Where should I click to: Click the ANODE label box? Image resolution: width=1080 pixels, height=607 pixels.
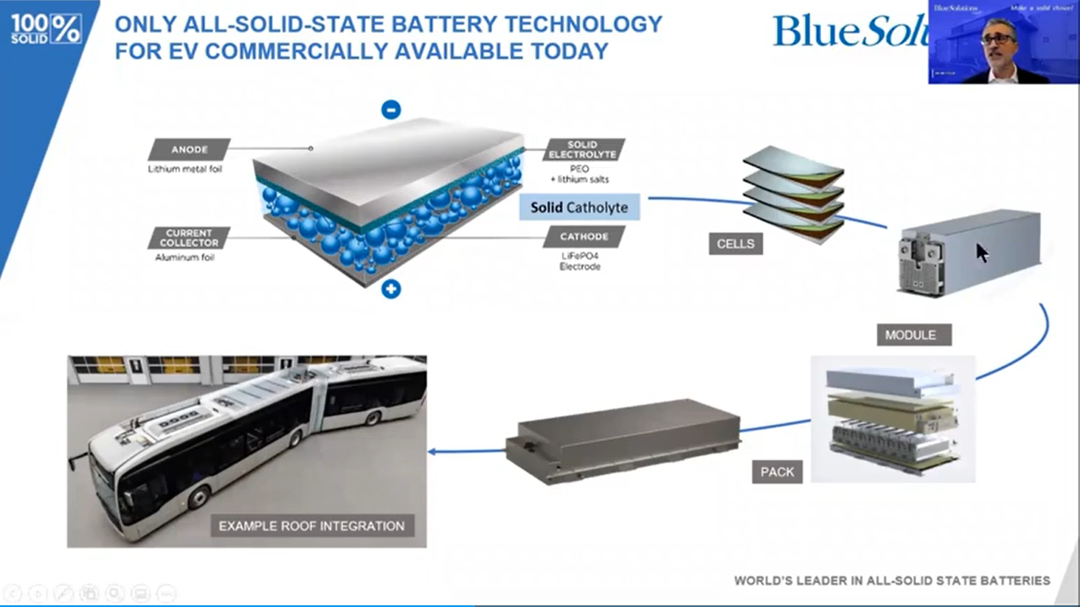pos(190,150)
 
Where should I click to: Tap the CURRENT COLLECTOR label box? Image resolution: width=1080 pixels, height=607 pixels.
pos(189,238)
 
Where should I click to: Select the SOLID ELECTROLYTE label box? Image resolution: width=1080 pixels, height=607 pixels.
pos(583,150)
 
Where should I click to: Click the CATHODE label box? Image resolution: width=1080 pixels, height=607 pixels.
pos(584,237)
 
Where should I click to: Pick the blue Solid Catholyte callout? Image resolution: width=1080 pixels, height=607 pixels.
pos(579,208)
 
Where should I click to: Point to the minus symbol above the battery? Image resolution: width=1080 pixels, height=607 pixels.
pos(391,109)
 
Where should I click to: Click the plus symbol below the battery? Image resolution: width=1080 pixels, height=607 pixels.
pos(391,289)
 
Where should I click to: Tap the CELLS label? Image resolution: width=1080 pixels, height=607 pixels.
pos(735,244)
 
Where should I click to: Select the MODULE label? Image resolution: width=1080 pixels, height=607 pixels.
pos(913,335)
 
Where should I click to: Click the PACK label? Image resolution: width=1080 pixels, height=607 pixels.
pos(777,472)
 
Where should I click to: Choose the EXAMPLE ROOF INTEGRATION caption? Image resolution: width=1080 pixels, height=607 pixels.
pos(312,526)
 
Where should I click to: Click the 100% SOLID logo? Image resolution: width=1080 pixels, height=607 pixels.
pos(46,29)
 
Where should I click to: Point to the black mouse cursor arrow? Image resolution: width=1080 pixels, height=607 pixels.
pos(982,253)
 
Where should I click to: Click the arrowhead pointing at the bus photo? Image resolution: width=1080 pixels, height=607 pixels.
pos(432,451)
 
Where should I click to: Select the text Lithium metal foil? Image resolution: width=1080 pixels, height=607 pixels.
pos(185,169)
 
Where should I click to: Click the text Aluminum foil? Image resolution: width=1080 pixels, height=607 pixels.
pos(185,258)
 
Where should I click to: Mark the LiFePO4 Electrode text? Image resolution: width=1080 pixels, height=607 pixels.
pos(580,261)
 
